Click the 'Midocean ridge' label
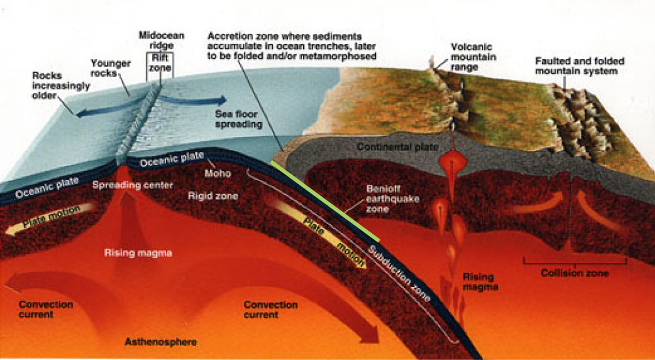click(x=161, y=40)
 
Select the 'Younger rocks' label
click(x=111, y=67)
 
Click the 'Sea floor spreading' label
click(x=238, y=119)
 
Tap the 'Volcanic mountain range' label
click(x=473, y=57)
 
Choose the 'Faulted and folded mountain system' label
click(x=580, y=66)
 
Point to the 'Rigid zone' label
click(x=212, y=196)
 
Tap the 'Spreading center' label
click(x=132, y=185)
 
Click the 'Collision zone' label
click(x=575, y=273)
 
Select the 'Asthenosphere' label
click(x=161, y=342)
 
